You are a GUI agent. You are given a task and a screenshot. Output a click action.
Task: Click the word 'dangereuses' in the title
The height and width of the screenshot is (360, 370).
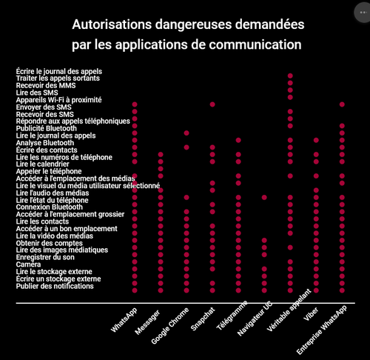[x=194, y=24]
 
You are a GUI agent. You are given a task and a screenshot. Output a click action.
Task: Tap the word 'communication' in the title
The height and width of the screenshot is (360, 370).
[x=255, y=44]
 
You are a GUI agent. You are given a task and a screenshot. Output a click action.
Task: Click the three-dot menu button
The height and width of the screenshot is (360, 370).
[x=363, y=13]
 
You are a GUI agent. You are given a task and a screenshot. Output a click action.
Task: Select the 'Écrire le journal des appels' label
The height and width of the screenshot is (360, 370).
[x=59, y=72]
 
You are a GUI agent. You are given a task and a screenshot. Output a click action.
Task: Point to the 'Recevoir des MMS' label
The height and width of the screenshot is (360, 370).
[x=46, y=86]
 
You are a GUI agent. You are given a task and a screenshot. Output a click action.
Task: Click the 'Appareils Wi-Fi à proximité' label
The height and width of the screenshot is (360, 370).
[x=58, y=100]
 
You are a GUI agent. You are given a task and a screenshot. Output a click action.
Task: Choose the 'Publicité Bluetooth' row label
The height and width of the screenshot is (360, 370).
[x=47, y=128]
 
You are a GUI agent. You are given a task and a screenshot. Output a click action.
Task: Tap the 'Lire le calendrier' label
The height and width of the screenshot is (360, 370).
[x=43, y=164]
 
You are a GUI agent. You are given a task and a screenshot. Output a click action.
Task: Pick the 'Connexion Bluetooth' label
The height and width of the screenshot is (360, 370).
[x=50, y=207]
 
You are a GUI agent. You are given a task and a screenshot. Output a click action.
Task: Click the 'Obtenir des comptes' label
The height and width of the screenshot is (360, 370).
[x=50, y=243]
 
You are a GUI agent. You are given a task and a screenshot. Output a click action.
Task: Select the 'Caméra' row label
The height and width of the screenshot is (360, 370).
[x=28, y=264]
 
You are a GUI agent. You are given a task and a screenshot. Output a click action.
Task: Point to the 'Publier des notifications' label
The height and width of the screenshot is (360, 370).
[x=55, y=286]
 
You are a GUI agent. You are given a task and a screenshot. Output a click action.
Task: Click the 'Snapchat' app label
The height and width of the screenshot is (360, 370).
[x=203, y=319]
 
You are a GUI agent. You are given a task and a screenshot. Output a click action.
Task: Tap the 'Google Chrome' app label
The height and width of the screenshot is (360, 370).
[x=170, y=326]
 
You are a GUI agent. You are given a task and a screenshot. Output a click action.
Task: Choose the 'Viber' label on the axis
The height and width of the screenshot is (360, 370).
[x=311, y=314]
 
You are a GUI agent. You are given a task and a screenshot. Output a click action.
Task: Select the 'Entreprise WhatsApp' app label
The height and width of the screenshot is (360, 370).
[x=322, y=330]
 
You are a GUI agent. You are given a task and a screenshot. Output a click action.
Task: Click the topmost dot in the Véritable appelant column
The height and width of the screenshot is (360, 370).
[x=290, y=76]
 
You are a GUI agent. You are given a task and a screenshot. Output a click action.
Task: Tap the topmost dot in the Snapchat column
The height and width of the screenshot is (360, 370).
[x=212, y=104]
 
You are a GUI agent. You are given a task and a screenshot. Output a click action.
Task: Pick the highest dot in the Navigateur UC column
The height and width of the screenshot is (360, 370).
[x=264, y=197]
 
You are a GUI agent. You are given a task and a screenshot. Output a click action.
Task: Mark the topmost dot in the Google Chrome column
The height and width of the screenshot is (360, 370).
[x=186, y=133]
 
